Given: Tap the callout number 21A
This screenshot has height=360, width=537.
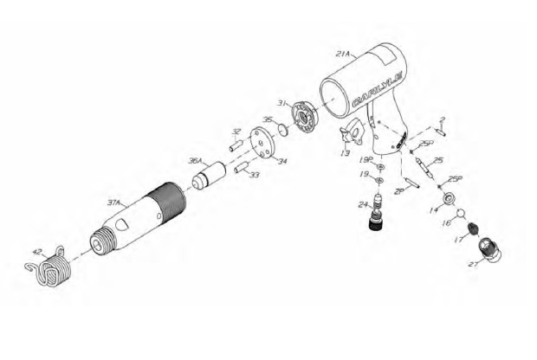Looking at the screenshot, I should (343, 54).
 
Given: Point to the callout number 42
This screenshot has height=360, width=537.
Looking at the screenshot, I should (36, 254).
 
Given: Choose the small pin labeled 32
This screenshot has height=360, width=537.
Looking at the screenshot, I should (233, 147).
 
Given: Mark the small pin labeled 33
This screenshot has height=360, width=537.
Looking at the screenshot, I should (242, 166).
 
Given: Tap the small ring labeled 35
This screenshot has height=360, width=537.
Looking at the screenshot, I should (281, 132).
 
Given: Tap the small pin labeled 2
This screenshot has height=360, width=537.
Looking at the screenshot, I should (442, 132).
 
